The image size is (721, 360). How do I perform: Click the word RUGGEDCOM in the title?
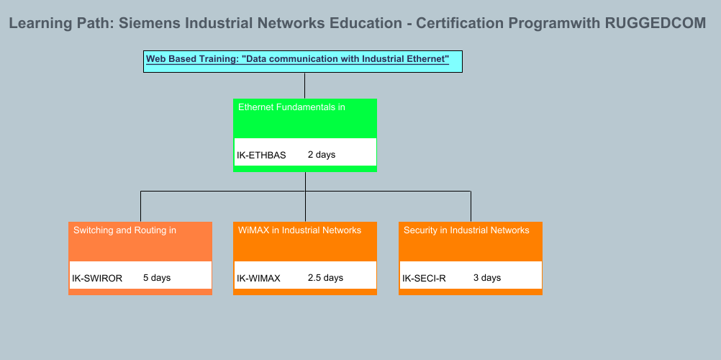pyautogui.click(x=656, y=23)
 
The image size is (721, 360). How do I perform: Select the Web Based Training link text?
pyautogui.click(x=297, y=59)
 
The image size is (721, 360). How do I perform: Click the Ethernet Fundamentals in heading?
pyautogui.click(x=291, y=107)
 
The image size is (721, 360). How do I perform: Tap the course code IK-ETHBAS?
pyautogui.click(x=261, y=155)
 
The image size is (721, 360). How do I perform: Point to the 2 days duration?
pyautogui.click(x=322, y=155)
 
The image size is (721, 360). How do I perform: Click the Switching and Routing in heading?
pyautogui.click(x=124, y=230)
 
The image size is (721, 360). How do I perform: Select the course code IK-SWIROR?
pyautogui.click(x=97, y=278)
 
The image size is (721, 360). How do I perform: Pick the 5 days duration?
pyautogui.click(x=157, y=278)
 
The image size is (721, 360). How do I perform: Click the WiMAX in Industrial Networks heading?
pyautogui.click(x=299, y=230)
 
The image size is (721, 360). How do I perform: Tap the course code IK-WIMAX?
pyautogui.click(x=258, y=278)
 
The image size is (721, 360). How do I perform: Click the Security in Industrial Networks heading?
pyautogui.click(x=466, y=230)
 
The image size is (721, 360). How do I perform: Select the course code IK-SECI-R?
pyautogui.click(x=424, y=278)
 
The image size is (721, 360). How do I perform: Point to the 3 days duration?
pyautogui.click(x=487, y=278)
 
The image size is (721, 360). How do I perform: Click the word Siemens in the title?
pyautogui.click(x=149, y=23)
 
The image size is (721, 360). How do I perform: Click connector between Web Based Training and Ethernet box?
pyautogui.click(x=305, y=85)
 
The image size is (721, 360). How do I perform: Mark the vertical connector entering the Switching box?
pyautogui.click(x=140, y=207)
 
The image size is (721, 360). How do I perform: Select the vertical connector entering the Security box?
pyautogui.click(x=471, y=207)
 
